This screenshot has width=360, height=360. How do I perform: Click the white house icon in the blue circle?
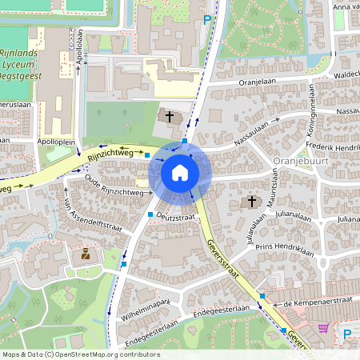(179, 173)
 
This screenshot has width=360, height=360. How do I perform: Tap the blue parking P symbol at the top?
(207, 20)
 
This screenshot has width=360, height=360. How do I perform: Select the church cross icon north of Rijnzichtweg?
(169, 118)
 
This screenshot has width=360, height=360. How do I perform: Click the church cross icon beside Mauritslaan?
(253, 201)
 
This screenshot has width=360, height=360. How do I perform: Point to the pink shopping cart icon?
(323, 328)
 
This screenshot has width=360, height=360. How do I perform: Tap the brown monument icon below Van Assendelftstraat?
(85, 255)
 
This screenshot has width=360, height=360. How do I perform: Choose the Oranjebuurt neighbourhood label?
(297, 160)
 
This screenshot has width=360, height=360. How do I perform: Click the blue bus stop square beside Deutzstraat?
(150, 215)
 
